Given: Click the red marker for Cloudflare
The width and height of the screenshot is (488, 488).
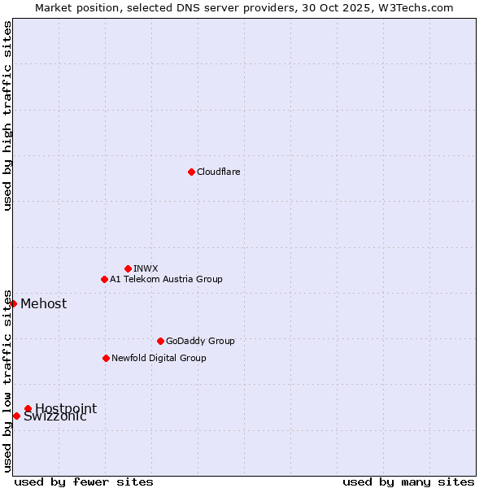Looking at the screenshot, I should click(x=191, y=172).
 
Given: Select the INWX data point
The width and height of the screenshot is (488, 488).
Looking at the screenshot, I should click(x=128, y=268).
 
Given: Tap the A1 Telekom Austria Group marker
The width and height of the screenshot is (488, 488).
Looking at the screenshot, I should click(x=104, y=279).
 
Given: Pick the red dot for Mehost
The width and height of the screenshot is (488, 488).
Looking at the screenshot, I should click(x=13, y=303).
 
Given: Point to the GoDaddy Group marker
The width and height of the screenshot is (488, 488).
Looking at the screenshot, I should click(x=160, y=341).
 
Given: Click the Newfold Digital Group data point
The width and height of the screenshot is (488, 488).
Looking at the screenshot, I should click(x=106, y=358).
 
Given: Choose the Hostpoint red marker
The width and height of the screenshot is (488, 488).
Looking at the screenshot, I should click(x=28, y=408).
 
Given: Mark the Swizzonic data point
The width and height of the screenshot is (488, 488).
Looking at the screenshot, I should click(x=16, y=416).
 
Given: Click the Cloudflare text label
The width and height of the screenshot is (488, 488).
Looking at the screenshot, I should click(x=219, y=172).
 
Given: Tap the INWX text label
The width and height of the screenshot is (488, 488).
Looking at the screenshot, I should click(x=146, y=268).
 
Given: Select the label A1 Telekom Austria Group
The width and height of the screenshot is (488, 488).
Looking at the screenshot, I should click(x=166, y=279).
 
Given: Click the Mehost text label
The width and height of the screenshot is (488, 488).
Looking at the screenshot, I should click(x=44, y=304).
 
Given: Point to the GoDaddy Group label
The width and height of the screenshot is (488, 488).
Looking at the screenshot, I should click(x=200, y=341).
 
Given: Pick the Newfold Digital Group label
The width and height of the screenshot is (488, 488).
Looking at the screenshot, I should click(x=159, y=358).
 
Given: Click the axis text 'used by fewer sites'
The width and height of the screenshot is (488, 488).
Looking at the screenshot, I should click(x=84, y=481).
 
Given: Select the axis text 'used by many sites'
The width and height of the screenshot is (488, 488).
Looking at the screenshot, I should click(x=408, y=481).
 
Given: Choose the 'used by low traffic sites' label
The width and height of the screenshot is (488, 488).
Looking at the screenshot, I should click(x=7, y=381).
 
